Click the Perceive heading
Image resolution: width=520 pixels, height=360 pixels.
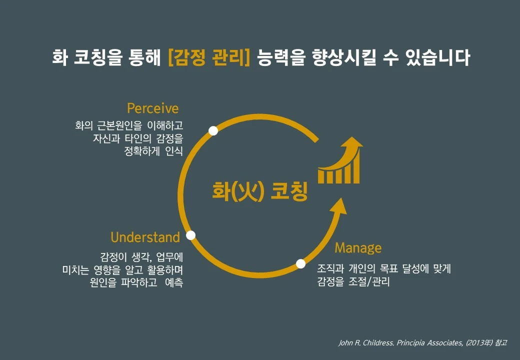152,108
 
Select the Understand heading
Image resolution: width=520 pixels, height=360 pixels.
145,236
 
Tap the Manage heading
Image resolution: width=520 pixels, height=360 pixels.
358,247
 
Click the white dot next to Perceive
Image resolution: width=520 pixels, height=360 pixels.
213,130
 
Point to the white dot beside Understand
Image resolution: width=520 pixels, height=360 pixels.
190,235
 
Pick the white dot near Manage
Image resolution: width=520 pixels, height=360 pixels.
300,263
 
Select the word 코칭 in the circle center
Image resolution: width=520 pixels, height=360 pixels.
288,191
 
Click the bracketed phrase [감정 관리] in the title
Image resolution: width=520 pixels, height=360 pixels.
209,57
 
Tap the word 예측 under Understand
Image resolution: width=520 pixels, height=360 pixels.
173,282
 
